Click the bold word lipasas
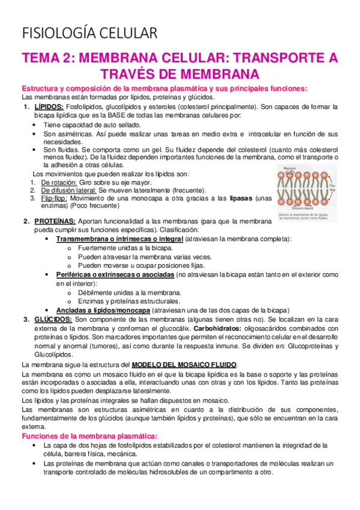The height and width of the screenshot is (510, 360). [x=235, y=197]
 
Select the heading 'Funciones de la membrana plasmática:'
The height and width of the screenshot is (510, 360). [x=88, y=435]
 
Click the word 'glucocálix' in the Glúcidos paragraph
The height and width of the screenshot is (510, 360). [x=172, y=328]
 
